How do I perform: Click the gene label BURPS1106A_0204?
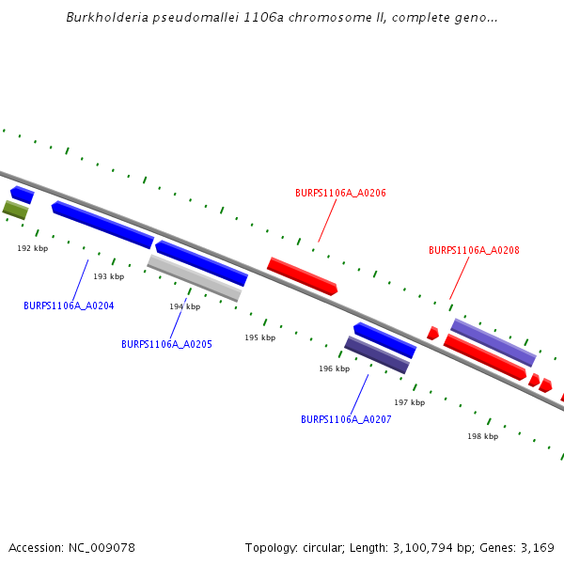coord(69,305)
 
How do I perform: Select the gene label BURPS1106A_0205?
coord(166,344)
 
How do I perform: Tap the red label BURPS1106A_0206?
coord(340,193)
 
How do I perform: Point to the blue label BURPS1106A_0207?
coord(346,419)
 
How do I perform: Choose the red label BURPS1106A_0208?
coord(474,250)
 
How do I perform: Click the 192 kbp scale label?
coord(33,248)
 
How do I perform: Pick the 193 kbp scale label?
coord(109,276)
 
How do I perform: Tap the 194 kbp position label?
coord(184,306)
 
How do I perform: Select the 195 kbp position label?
coord(260,337)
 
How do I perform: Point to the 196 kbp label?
coord(335,368)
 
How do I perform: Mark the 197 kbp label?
coord(409,402)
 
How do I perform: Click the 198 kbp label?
coord(483,436)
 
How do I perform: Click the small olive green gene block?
coord(15,210)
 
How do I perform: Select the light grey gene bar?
coord(194,278)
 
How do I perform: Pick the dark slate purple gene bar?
coord(376,355)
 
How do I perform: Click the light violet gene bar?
coord(493,342)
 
